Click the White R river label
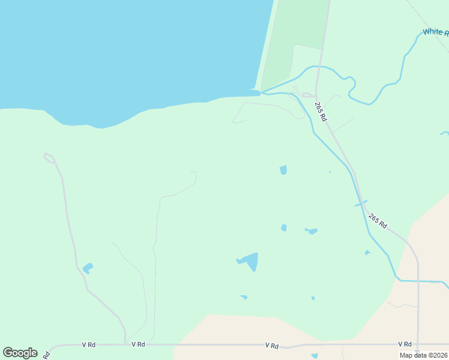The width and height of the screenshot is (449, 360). [x=435, y=32]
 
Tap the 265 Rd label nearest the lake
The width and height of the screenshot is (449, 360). [x=321, y=112]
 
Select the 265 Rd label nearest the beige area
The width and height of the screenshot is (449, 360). [x=378, y=220]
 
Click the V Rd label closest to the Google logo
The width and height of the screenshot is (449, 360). [x=89, y=344]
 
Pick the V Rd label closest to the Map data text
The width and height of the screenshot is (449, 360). [x=404, y=344]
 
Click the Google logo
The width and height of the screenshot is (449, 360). [x=20, y=353]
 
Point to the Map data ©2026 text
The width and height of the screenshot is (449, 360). [x=421, y=355]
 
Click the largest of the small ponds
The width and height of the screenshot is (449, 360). [x=249, y=261]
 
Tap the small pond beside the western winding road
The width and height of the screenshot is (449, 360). [x=88, y=268]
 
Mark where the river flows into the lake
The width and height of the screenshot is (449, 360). [x=261, y=92]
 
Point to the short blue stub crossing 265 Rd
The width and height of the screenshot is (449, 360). [x=360, y=204]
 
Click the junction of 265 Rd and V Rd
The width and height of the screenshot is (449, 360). [x=418, y=344]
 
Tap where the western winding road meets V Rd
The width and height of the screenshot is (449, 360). [x=125, y=344]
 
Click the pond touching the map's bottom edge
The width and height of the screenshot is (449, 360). [x=315, y=356]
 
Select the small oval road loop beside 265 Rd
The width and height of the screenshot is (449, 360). [x=308, y=95]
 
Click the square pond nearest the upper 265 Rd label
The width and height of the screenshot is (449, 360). [x=283, y=170]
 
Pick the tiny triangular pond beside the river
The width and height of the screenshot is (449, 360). [x=367, y=253]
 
